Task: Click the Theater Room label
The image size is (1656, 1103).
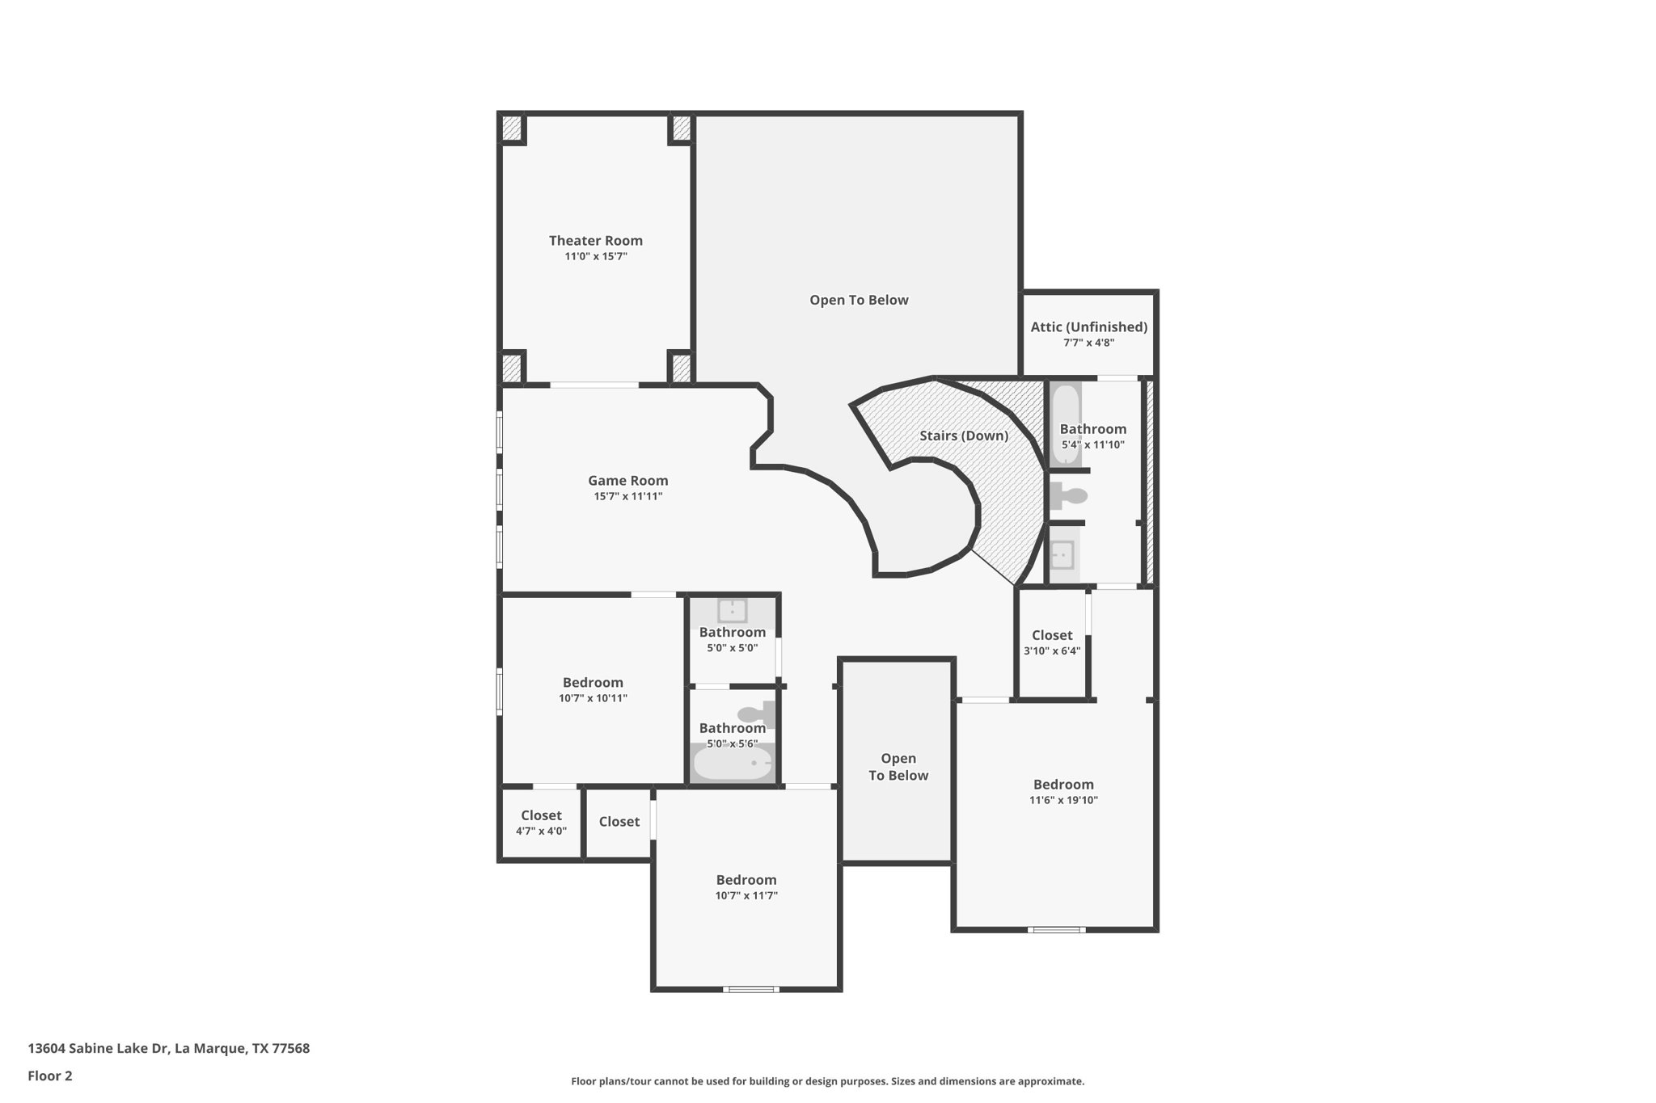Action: tap(595, 240)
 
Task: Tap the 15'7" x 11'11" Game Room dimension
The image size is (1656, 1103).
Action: tap(627, 496)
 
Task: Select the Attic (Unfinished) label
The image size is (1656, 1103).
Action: tap(1088, 326)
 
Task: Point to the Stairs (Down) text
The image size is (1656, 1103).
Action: tap(963, 436)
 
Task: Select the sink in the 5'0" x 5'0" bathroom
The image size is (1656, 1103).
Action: tap(732, 611)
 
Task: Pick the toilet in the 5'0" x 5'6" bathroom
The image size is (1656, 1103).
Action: tap(756, 714)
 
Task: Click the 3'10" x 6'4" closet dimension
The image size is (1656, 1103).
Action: tap(1051, 650)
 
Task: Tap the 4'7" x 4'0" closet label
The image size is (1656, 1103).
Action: tap(541, 815)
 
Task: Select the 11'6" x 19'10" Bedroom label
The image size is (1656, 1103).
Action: tap(1062, 784)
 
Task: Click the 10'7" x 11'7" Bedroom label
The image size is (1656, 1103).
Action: tap(746, 880)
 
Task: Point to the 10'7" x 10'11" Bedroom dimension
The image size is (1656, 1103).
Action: tap(593, 698)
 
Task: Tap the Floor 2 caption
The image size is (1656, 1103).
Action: tap(50, 1076)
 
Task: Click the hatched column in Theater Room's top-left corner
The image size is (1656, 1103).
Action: tap(512, 128)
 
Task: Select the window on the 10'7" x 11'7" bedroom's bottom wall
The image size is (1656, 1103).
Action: tap(750, 989)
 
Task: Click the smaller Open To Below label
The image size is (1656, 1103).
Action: tap(898, 767)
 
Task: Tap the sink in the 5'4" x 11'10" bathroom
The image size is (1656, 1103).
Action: tap(1062, 555)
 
